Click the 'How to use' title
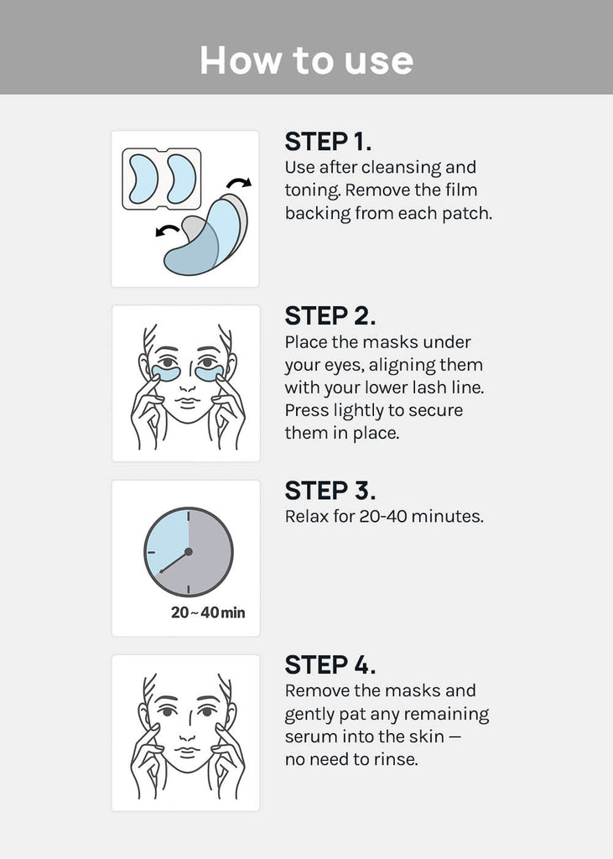306,60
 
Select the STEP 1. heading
328,141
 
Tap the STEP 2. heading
330,316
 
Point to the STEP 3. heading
330,491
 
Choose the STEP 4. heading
330,665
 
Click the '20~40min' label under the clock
208,612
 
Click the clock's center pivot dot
189,552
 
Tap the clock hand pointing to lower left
174,562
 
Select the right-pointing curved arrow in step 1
239,182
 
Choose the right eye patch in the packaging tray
182,180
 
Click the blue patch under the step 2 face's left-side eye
166,373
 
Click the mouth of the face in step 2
187,403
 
